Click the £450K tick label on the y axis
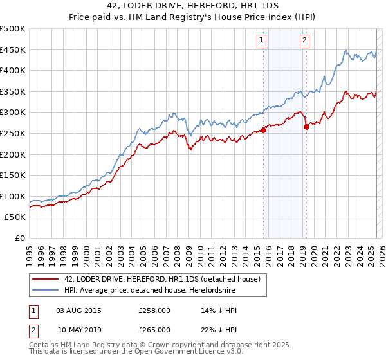[x=13, y=50]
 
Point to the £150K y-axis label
[x=13, y=175]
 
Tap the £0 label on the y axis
[x=20, y=238]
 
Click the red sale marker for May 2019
[x=306, y=127]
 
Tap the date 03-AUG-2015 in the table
[x=78, y=310]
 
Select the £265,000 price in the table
[x=154, y=330]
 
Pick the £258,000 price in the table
[x=154, y=310]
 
